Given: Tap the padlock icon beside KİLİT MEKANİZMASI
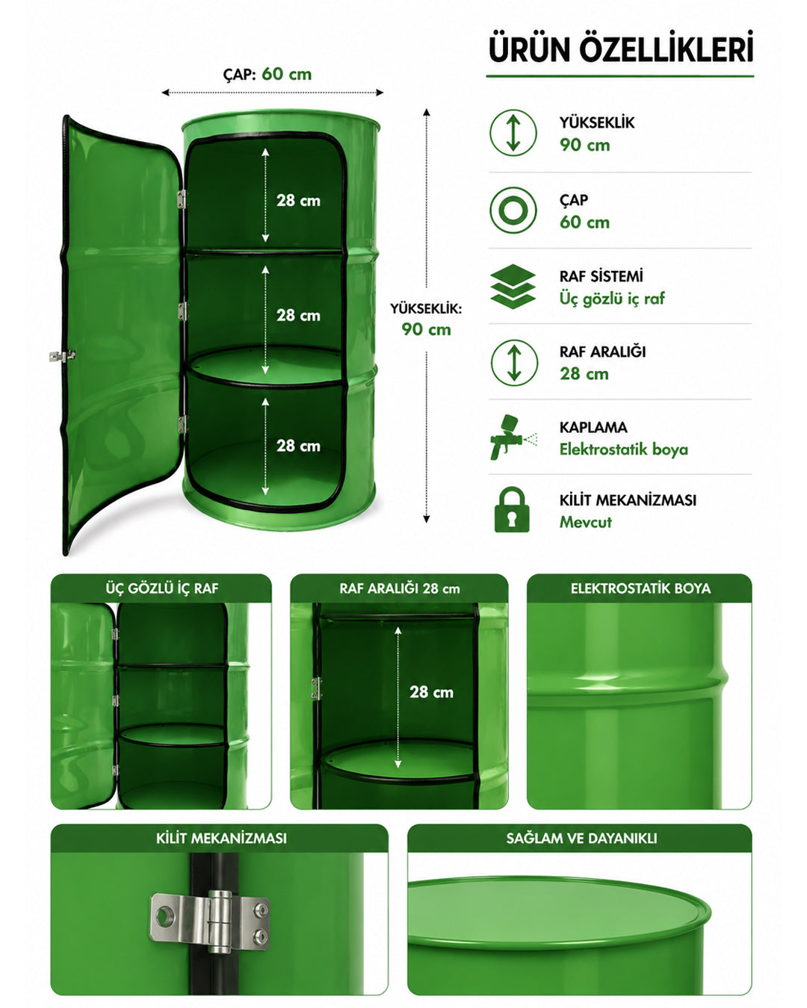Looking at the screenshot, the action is click(x=512, y=509).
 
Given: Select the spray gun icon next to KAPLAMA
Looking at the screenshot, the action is click(x=513, y=437).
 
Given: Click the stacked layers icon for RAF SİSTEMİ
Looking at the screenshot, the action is click(x=513, y=287).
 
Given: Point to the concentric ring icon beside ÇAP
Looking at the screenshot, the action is click(x=513, y=211).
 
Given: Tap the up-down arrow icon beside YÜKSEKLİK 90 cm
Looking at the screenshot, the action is click(x=513, y=133).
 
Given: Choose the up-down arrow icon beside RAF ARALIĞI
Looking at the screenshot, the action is click(x=514, y=363).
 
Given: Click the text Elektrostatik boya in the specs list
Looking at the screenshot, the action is click(x=624, y=449).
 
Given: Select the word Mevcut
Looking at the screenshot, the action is click(x=585, y=522).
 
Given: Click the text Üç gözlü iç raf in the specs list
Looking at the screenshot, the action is click(x=612, y=299).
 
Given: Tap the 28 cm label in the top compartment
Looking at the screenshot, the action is click(x=298, y=200).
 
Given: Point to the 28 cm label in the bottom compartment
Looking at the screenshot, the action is click(x=298, y=446).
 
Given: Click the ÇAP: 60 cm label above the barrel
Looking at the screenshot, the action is click(x=268, y=74).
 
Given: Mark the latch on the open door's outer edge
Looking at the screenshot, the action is click(x=62, y=356).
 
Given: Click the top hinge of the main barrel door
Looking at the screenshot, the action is click(x=182, y=199).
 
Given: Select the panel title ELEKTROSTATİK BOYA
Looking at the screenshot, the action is click(x=640, y=588).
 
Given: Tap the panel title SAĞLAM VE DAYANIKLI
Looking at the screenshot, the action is click(x=581, y=838).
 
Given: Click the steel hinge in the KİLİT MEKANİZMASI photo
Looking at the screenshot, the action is click(x=210, y=922).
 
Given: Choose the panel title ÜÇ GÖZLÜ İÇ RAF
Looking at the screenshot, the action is click(x=162, y=588).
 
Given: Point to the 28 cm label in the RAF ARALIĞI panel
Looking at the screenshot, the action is click(x=431, y=692).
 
